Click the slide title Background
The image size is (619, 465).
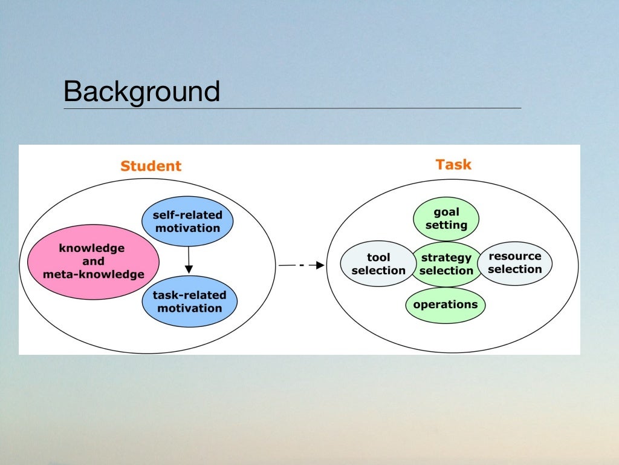141,91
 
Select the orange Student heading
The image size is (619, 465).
151,166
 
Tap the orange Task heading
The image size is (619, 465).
453,164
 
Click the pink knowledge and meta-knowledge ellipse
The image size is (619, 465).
93,262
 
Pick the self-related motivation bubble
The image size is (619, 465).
187,222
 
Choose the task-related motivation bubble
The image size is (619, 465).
189,302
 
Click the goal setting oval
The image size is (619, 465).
446,219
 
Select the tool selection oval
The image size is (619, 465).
378,264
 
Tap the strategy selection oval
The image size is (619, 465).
446,264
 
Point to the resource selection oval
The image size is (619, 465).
515,263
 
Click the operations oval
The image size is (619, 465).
446,305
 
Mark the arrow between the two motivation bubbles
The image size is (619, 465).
189,260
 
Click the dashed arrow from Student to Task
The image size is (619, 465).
301,265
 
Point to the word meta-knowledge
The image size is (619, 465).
93,274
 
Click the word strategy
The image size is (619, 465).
446,258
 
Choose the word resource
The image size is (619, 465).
515,256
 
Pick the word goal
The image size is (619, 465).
446,212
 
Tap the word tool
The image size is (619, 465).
378,258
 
